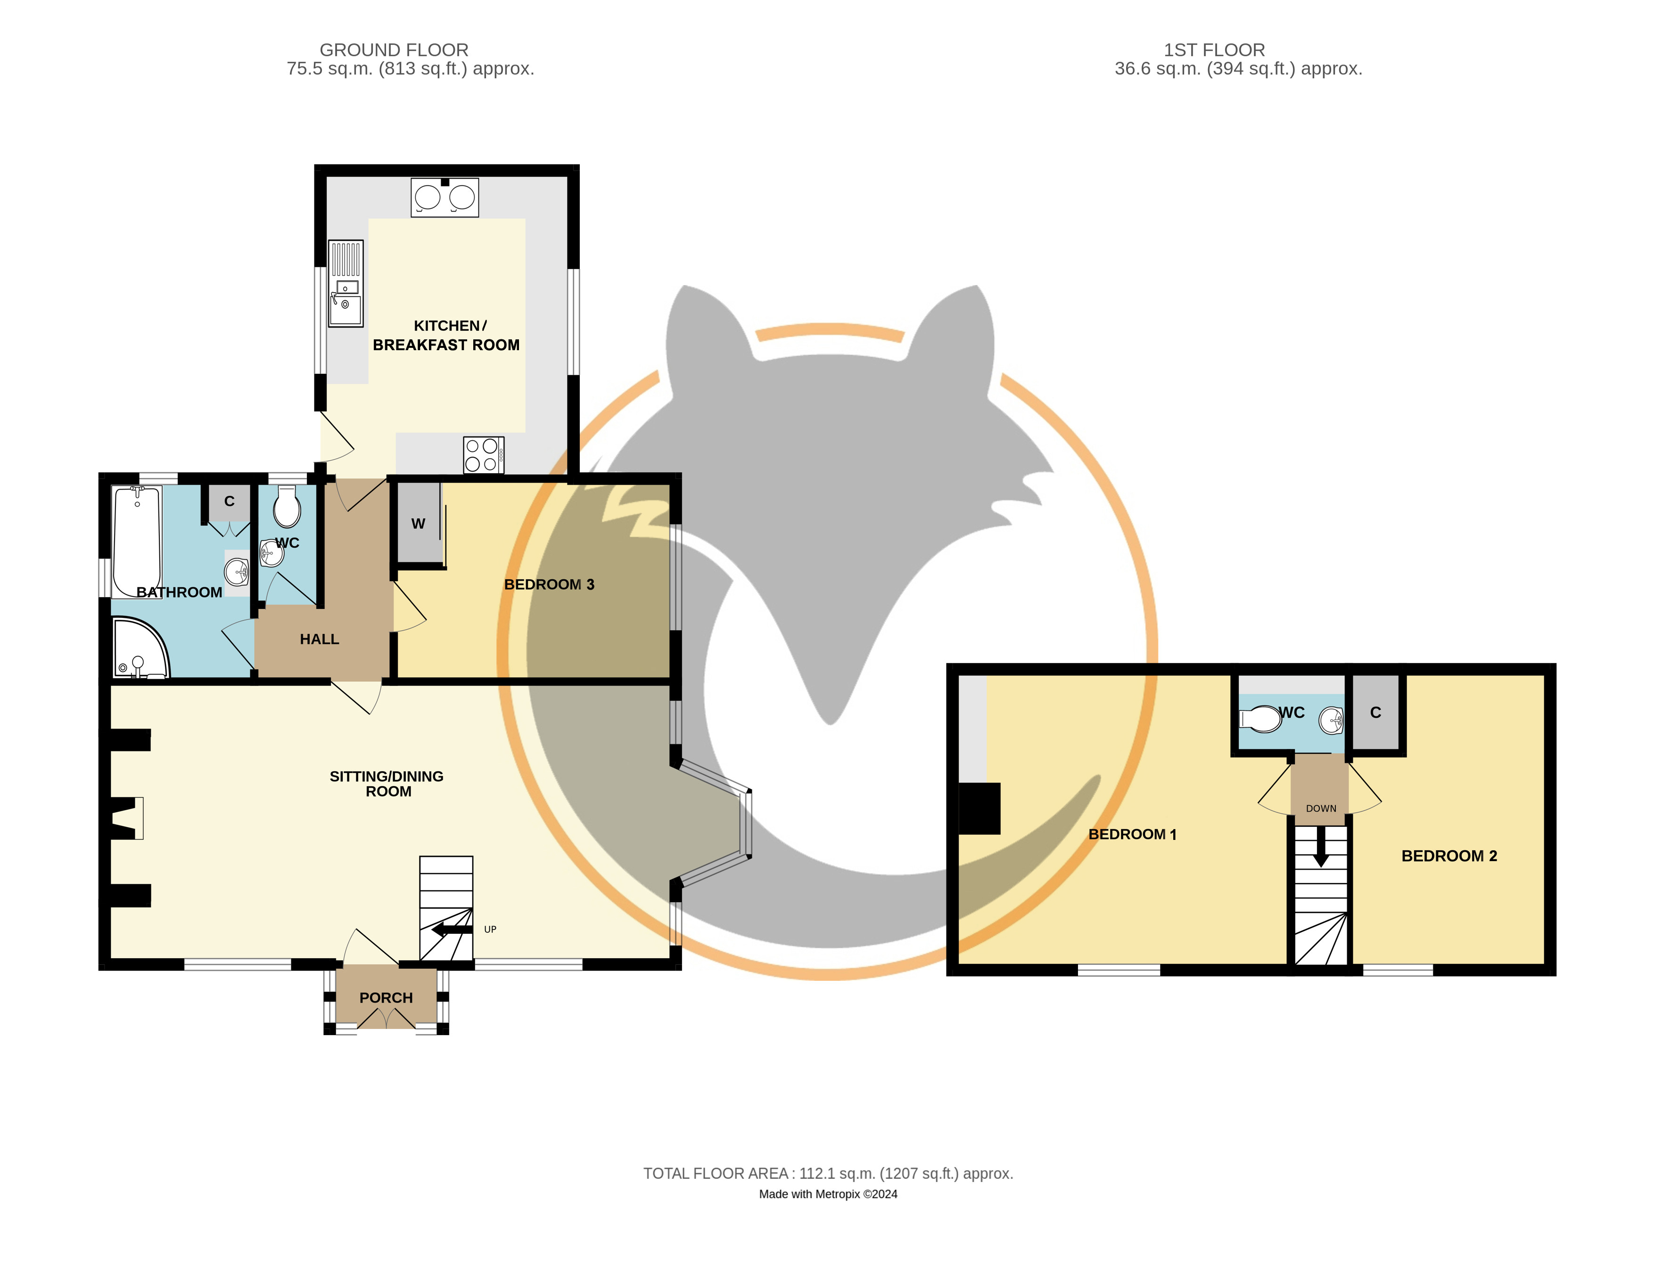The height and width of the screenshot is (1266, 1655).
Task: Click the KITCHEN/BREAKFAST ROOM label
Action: tap(445, 335)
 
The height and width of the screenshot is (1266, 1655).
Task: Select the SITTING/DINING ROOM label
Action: tap(387, 784)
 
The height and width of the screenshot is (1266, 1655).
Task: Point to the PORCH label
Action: tap(386, 998)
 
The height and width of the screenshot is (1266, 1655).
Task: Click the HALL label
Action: tap(320, 639)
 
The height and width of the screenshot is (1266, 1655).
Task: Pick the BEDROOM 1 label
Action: tap(1132, 834)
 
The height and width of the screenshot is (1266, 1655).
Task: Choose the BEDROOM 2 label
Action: tap(1449, 856)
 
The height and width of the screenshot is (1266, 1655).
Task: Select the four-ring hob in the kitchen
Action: tap(483, 455)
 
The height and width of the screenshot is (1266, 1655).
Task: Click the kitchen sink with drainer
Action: tap(346, 283)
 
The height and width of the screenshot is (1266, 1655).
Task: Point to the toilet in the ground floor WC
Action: tap(287, 506)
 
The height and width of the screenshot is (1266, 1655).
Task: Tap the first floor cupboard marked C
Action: tap(1375, 712)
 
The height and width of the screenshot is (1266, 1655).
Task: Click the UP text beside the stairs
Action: tap(490, 929)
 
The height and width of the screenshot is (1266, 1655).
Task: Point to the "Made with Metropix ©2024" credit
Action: tap(828, 1194)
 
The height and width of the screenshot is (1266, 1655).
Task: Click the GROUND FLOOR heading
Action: tap(394, 50)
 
